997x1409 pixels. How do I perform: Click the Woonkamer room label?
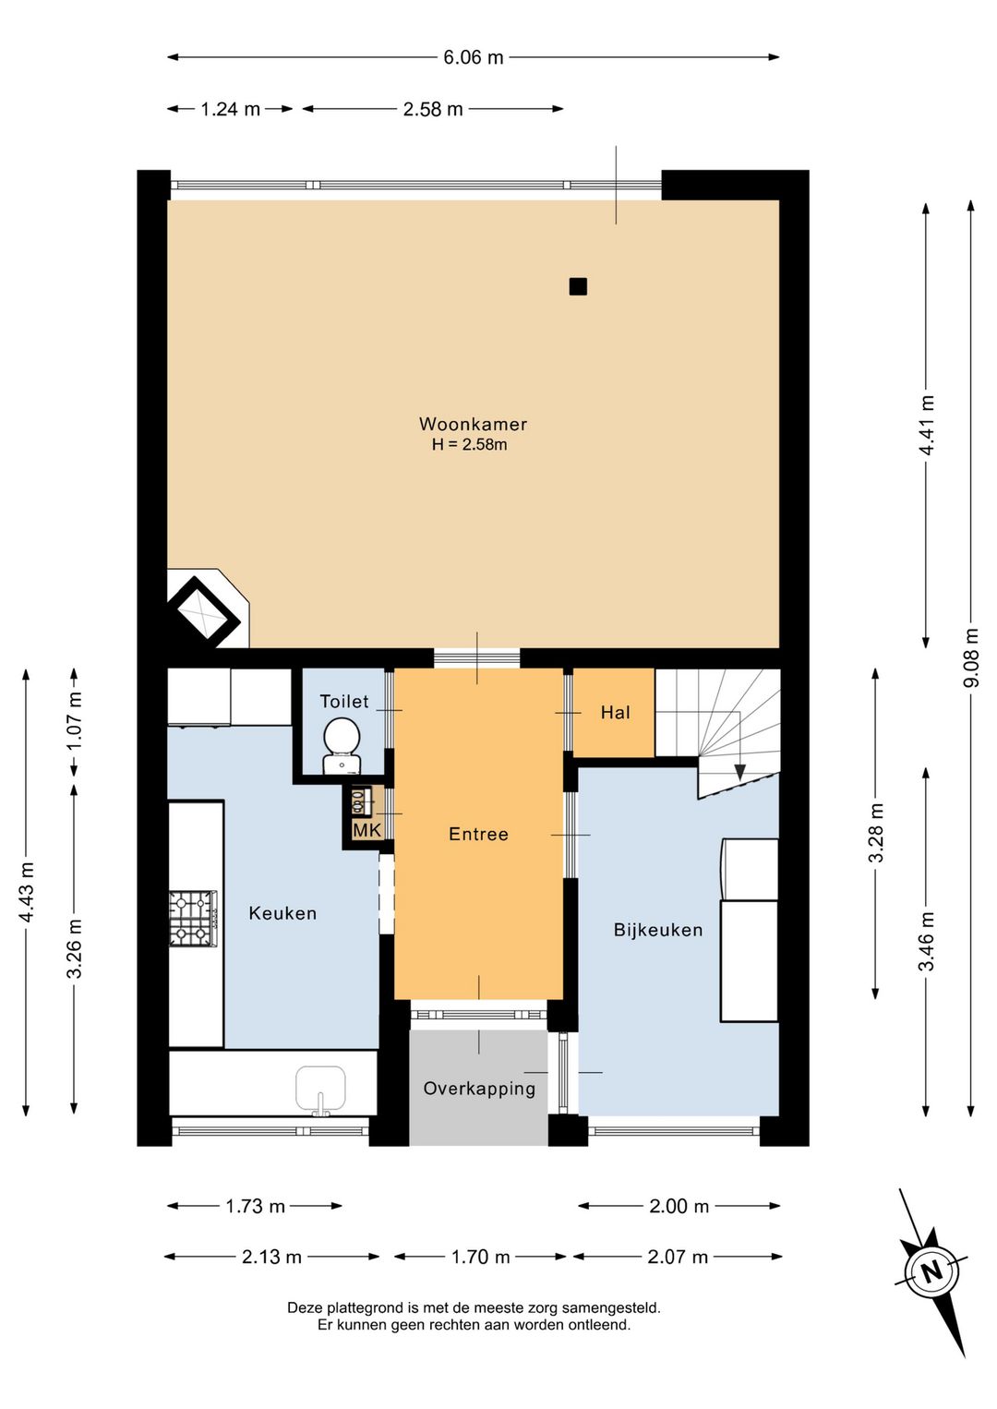click(x=473, y=424)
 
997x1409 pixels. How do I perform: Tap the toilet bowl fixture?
click(x=342, y=745)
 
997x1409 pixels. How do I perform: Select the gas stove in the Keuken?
click(x=194, y=919)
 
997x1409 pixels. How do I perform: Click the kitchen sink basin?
click(x=321, y=1090)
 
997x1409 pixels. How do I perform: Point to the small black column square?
click(x=578, y=287)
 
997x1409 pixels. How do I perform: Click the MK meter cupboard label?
click(x=366, y=830)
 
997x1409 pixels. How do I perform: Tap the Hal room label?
click(x=615, y=712)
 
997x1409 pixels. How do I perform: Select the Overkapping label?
click(x=479, y=1089)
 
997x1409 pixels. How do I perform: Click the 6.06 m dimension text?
click(x=474, y=57)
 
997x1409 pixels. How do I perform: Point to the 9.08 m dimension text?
click(x=972, y=658)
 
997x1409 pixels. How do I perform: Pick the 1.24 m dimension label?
click(x=230, y=110)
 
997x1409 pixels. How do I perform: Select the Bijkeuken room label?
click(x=658, y=930)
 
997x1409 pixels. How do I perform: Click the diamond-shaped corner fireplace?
click(x=202, y=611)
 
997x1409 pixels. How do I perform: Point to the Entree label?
click(x=479, y=834)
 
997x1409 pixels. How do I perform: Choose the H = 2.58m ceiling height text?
click(x=469, y=445)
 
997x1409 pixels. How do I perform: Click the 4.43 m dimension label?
click(x=27, y=892)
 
